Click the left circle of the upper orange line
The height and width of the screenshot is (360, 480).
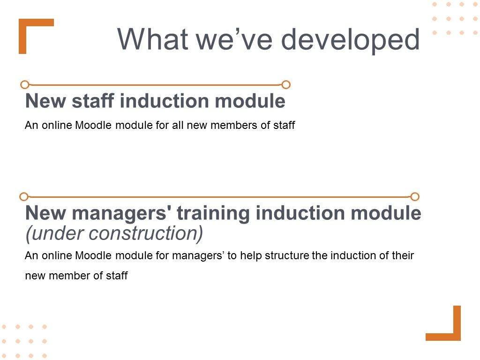pyautogui.click(x=25, y=84)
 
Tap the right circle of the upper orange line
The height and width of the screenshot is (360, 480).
pyautogui.click(x=286, y=84)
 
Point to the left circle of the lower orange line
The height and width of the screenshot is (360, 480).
pyautogui.click(x=23, y=196)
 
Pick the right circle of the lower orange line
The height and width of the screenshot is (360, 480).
pyautogui.click(x=415, y=196)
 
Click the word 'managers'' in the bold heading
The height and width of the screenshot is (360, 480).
pyautogui.click(x=121, y=213)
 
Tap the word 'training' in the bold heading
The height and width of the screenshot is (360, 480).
pyautogui.click(x=213, y=213)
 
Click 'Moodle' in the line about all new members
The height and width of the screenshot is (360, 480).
pyautogui.click(x=93, y=125)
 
